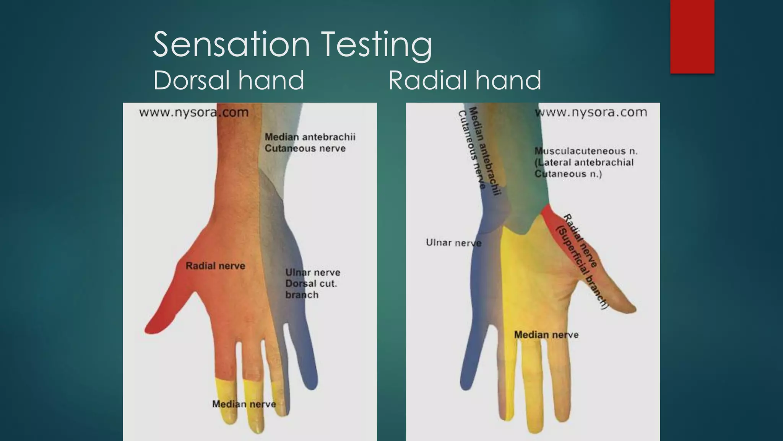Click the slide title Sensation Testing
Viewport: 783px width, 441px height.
pos(292,45)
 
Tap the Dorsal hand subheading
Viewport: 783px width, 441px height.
pos(229,80)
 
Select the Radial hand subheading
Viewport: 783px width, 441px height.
pos(465,80)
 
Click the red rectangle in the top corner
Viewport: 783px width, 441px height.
pos(692,37)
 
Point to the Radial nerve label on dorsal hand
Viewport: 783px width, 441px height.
pos(215,266)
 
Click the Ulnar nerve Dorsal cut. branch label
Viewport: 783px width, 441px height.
pos(312,284)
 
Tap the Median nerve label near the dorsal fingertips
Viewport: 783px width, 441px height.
pos(244,404)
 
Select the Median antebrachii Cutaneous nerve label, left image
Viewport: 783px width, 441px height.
pos(310,142)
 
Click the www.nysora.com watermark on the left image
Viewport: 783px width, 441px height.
pos(194,113)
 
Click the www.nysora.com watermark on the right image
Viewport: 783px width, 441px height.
pos(591,113)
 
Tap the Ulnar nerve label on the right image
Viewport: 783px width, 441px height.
pos(453,243)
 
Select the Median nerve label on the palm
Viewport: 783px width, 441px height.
pos(546,335)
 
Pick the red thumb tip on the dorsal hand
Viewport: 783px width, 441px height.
pos(155,325)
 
